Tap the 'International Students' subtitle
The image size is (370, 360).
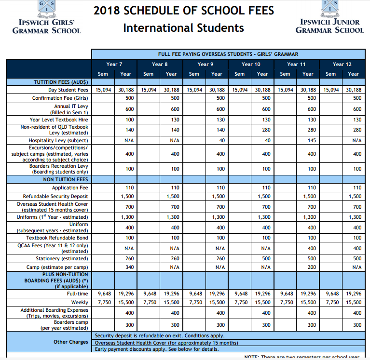183,28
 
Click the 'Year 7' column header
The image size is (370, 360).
114,64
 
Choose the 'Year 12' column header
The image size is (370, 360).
342,64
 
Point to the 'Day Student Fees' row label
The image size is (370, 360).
68,90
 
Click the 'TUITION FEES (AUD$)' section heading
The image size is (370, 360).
60,82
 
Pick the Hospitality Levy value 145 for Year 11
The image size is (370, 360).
311,140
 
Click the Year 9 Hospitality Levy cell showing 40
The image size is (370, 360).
221,140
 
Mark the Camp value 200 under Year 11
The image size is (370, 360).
312,267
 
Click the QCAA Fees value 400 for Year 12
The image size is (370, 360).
356,248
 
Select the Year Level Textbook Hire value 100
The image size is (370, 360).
129,120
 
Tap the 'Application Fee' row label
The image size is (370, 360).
70,187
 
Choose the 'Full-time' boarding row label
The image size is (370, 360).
77,293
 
